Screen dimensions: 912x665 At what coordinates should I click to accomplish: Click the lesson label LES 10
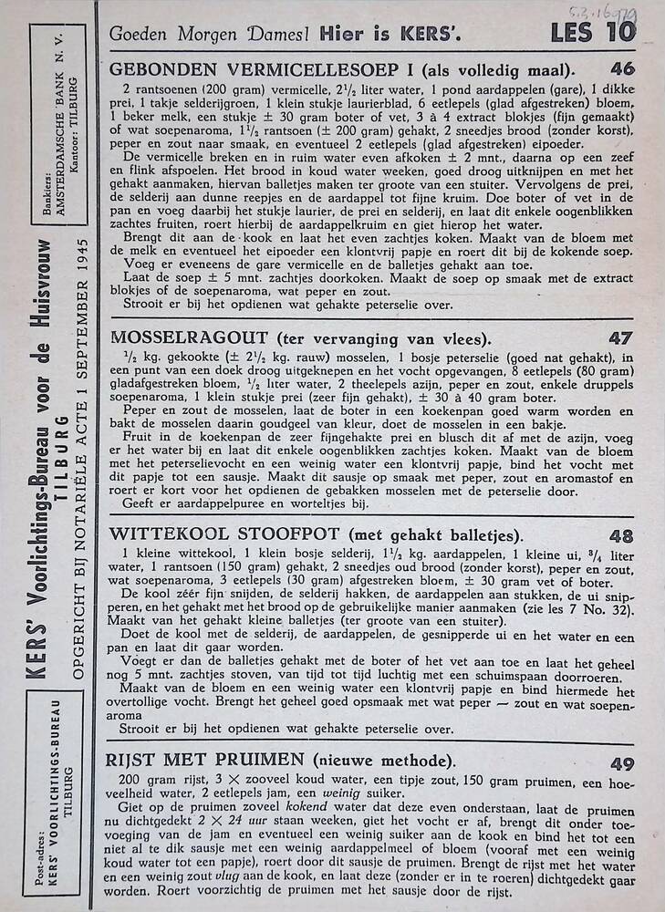pyautogui.click(x=593, y=34)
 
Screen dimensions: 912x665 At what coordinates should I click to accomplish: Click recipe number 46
pyautogui.click(x=622, y=69)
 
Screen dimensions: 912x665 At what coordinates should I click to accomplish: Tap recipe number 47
pyautogui.click(x=620, y=338)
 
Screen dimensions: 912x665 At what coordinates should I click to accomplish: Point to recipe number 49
pyautogui.click(x=621, y=762)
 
